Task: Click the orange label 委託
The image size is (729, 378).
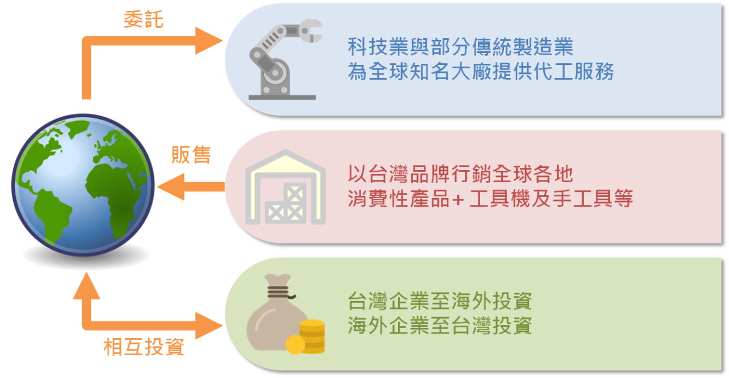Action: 144,20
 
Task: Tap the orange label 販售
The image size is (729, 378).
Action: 191,154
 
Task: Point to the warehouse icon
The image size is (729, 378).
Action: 285,187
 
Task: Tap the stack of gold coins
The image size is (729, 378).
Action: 312,336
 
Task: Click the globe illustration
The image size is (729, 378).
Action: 83,185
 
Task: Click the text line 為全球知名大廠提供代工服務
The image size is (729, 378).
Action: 481,72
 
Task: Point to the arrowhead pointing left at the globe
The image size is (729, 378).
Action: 171,187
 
